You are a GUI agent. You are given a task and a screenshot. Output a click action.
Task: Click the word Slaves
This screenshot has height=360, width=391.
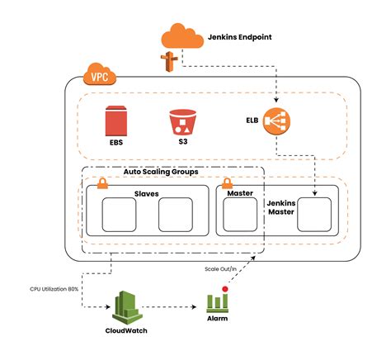pos(146,194)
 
